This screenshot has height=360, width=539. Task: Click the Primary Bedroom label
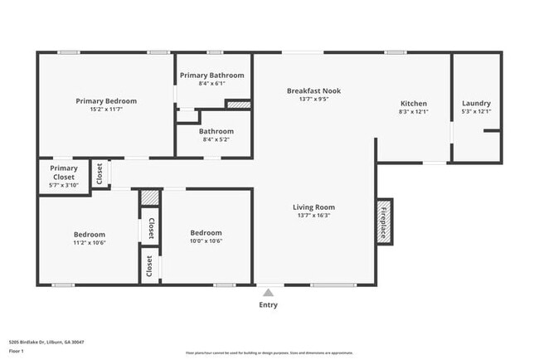pos(106,101)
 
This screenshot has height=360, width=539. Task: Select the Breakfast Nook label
pos(313,90)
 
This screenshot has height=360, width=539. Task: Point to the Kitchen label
pos(413,103)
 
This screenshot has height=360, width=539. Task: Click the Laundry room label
pos(476,103)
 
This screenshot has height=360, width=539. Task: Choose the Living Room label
pos(313,207)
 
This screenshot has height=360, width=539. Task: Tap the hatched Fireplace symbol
pos(384,220)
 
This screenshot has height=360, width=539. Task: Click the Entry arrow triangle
pos(267,292)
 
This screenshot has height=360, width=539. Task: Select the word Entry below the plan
pos(267,304)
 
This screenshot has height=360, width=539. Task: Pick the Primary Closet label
pos(63,173)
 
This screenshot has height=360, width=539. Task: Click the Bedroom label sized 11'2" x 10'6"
pos(90,235)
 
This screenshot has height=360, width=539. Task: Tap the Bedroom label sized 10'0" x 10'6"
pos(206,233)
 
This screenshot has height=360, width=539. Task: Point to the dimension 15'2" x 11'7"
pos(106,109)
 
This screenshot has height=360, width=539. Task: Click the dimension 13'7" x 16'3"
pos(313,215)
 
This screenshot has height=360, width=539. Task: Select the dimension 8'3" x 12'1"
pos(413,111)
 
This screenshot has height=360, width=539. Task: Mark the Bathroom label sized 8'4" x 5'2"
pos(216,131)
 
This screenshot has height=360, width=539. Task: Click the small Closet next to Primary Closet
pos(100,173)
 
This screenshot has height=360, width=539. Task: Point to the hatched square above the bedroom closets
pos(148,197)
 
